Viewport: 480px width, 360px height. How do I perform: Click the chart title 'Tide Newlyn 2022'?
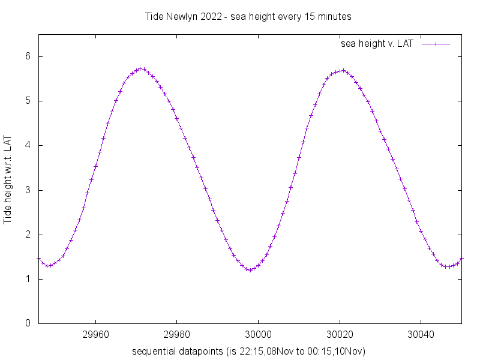click(x=248, y=16)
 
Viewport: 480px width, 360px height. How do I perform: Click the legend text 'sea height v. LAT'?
click(x=376, y=44)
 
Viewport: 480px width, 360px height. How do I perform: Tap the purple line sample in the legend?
click(x=436, y=44)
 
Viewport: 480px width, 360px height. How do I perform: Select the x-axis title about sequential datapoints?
click(x=248, y=350)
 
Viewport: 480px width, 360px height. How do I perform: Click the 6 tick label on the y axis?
click(x=27, y=56)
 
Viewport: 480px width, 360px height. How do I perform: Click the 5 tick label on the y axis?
click(x=27, y=101)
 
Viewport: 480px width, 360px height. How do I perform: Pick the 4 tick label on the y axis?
click(x=27, y=145)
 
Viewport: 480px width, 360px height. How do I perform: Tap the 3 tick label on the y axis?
click(x=27, y=190)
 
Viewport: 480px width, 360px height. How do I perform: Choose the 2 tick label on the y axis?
click(x=27, y=235)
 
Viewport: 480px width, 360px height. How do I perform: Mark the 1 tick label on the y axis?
click(x=27, y=279)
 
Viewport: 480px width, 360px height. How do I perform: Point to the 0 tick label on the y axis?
click(x=27, y=323)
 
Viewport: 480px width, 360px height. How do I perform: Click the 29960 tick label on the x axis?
click(x=96, y=334)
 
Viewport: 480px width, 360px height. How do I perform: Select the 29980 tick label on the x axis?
click(x=177, y=334)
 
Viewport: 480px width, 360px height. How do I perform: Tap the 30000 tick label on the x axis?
click(x=259, y=334)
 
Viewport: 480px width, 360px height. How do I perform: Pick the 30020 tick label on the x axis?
click(x=340, y=334)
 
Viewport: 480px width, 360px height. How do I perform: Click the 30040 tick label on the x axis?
click(x=421, y=334)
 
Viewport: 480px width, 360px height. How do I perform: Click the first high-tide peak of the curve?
click(x=140, y=68)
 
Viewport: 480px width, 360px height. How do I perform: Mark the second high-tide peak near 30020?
click(x=342, y=70)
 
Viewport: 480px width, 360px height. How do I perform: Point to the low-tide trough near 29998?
click(x=251, y=270)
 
